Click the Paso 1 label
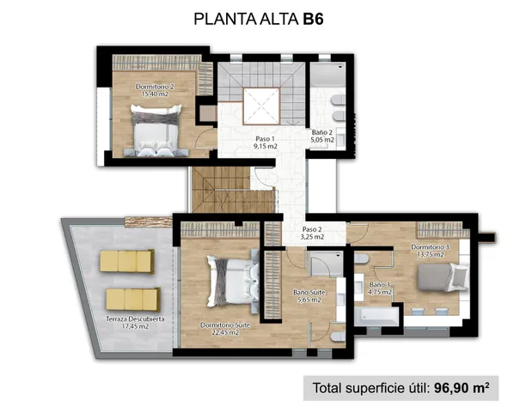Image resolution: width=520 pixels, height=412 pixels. point(266,142)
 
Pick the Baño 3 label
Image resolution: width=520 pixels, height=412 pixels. point(380,288)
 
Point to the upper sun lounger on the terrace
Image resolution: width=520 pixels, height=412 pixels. point(126,261)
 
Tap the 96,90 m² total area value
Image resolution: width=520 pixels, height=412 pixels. point(461,387)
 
